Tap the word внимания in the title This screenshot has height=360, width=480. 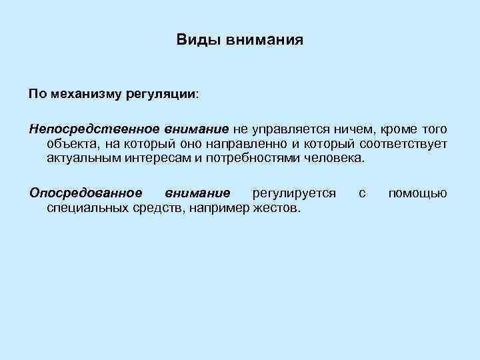(265, 41)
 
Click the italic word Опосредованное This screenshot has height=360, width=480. (85, 193)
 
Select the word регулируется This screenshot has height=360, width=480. (294, 193)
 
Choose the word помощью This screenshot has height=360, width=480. (417, 193)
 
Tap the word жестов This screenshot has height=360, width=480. (278, 209)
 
